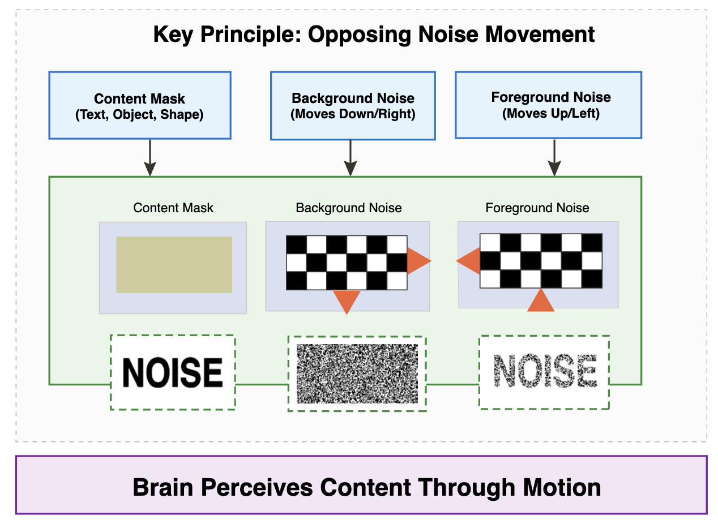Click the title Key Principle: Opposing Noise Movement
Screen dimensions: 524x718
pos(374,35)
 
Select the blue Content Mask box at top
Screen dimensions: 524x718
pos(140,105)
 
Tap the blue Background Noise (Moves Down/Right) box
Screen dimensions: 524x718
pos(353,105)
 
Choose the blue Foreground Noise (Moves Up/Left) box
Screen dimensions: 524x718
pos(548,105)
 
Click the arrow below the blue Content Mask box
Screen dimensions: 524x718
pos(149,158)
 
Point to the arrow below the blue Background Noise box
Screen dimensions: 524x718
pos(351,158)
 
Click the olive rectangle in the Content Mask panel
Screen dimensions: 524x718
pos(174,265)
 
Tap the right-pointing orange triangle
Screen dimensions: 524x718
pos(418,261)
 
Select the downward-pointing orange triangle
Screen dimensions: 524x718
pos(347,300)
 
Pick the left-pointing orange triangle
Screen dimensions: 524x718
pos(469,261)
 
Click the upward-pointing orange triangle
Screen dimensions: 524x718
pos(541,301)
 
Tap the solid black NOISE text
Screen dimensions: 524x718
pos(173,372)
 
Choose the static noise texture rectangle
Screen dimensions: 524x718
pos(357,373)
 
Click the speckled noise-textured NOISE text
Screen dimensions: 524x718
pos(545,372)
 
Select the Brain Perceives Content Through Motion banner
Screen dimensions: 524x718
pos(361,486)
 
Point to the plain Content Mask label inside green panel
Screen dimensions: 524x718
pos(173,208)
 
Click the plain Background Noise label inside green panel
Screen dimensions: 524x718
pos(348,208)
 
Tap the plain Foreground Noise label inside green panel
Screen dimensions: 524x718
pos(537,208)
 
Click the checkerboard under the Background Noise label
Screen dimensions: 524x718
pos(347,263)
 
